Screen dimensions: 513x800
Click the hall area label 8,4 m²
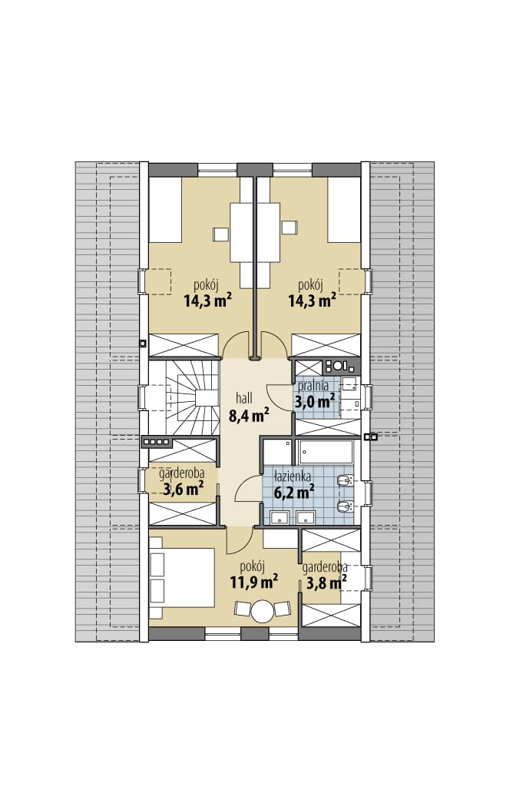click(x=249, y=416)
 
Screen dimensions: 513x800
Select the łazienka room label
click(x=292, y=477)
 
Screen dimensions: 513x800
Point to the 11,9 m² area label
click(x=253, y=581)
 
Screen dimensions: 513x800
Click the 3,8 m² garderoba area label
click(x=326, y=582)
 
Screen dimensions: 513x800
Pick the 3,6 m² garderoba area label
click(x=183, y=490)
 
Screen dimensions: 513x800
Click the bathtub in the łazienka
click(x=326, y=452)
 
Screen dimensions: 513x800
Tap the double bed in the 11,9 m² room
click(x=181, y=578)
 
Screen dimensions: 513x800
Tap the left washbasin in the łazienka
click(x=280, y=517)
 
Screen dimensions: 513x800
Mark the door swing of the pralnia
click(x=280, y=396)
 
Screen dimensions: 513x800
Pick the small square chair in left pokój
click(x=221, y=234)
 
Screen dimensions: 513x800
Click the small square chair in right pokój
click(x=290, y=227)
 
